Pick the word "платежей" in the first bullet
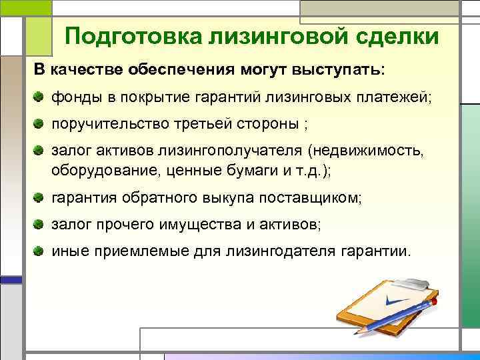[395, 98]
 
